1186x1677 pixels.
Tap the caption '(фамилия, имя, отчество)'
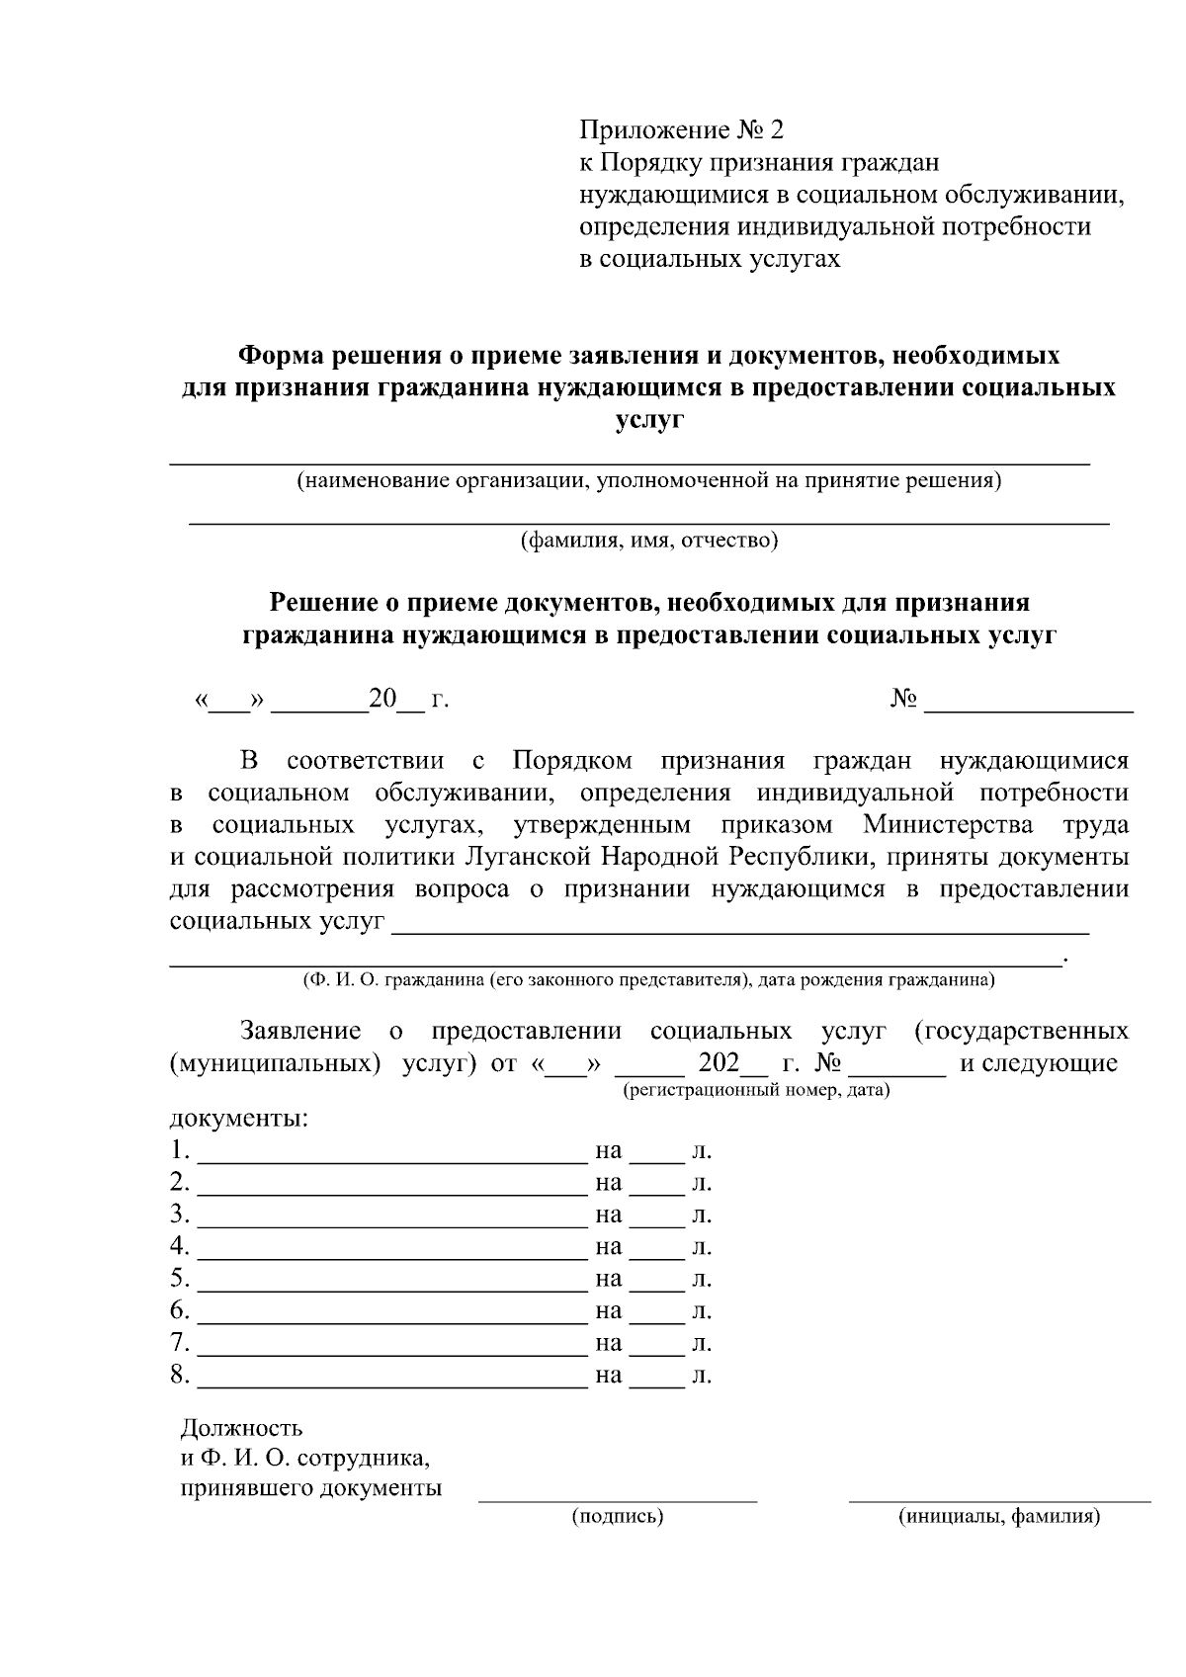coord(649,541)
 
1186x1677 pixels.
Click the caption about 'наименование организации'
coord(648,481)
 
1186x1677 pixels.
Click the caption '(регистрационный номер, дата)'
coord(755,1090)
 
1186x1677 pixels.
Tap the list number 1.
coord(178,1151)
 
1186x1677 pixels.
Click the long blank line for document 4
coord(392,1257)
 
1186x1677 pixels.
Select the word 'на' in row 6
coord(608,1311)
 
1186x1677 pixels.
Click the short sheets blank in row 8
coord(657,1385)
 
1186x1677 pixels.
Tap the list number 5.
coord(178,1279)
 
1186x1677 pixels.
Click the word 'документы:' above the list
coord(238,1119)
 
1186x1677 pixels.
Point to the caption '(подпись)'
coord(618,1517)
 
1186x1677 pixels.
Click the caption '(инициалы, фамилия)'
coord(998,1517)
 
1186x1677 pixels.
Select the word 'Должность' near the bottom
coord(241,1428)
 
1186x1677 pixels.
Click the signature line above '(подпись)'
coord(618,1500)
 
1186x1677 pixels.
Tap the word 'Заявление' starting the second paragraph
coord(300,1032)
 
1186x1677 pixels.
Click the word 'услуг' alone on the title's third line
coord(648,420)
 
